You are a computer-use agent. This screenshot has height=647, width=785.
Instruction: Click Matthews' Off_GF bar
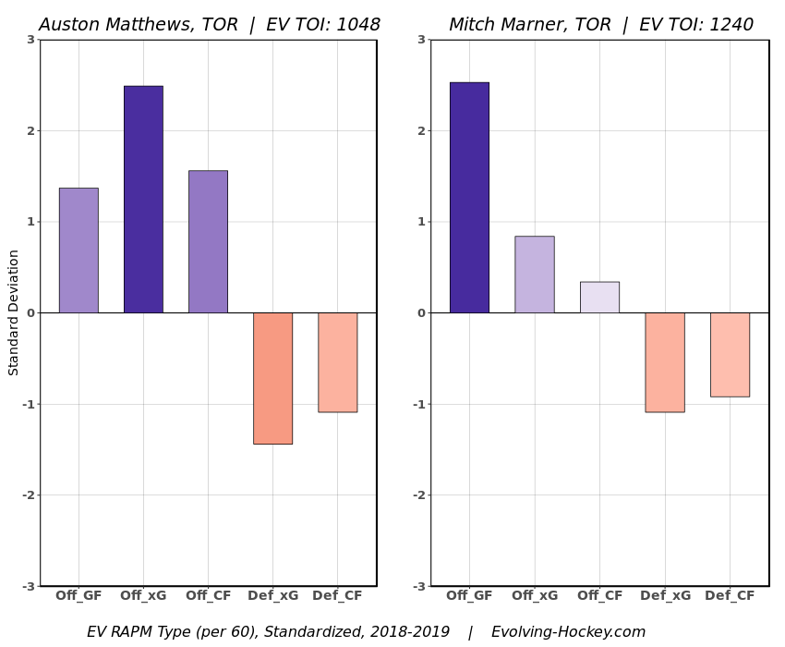78,250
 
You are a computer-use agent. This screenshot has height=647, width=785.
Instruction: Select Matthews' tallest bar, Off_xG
143,200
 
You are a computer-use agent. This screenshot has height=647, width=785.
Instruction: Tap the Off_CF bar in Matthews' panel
208,241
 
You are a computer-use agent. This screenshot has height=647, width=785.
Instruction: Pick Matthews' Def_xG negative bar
272,378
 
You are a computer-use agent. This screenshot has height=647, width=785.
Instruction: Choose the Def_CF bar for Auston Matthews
337,362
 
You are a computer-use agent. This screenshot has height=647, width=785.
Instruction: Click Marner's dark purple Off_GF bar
469,198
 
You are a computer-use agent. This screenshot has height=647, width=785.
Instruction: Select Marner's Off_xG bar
535,275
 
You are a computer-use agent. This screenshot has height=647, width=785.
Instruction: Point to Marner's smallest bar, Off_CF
599,298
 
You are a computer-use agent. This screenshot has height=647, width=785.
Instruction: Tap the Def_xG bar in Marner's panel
665,362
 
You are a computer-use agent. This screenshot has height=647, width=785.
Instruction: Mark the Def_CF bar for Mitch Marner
730,355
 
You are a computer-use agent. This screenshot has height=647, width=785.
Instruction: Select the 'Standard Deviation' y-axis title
14,312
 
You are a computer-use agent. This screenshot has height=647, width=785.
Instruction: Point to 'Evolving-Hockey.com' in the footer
568,632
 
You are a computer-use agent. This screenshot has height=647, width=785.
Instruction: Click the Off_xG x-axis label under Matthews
143,596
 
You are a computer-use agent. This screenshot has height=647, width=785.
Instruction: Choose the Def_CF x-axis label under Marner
730,596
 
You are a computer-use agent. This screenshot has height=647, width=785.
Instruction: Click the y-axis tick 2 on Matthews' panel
30,131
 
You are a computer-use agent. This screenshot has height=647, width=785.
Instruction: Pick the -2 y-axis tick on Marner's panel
419,495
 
